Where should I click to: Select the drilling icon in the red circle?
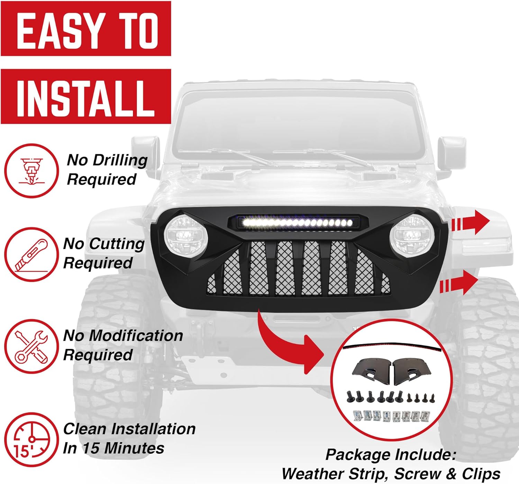coord(31,171)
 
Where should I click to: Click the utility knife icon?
coord(31,255)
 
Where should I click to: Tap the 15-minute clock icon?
coord(31,439)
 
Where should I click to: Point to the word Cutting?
coord(117,244)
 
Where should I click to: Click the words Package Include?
coord(391,455)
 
